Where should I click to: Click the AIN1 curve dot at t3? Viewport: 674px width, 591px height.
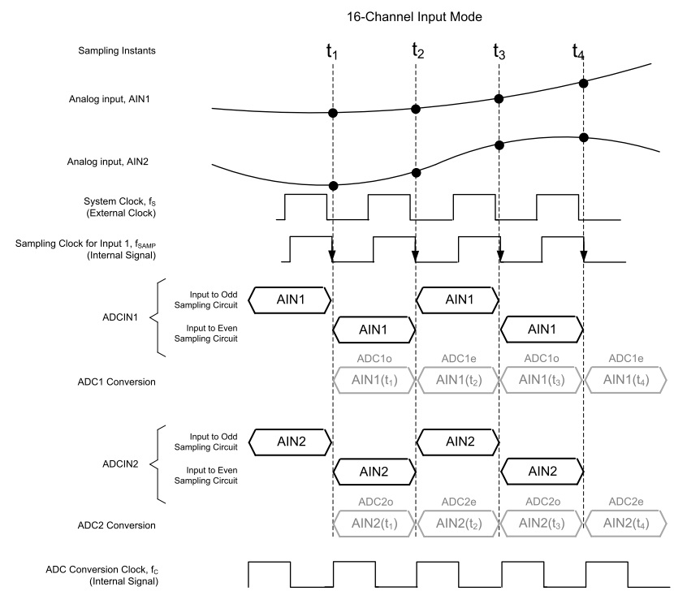499,97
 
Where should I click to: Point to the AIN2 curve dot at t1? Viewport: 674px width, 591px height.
332,185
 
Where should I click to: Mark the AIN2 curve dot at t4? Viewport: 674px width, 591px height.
582,136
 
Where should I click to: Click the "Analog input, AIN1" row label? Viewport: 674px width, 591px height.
114,99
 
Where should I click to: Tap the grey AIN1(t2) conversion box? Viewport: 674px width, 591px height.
457,378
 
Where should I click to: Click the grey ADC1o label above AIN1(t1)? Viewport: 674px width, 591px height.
374,358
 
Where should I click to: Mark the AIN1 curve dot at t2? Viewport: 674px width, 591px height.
416,109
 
